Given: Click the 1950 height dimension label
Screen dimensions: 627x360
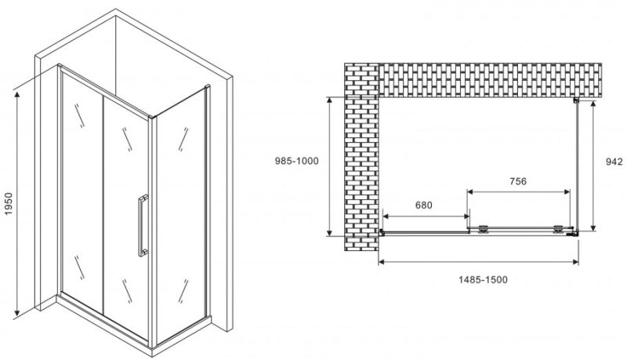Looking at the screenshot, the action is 9,204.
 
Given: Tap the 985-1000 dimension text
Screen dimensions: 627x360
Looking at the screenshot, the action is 297,161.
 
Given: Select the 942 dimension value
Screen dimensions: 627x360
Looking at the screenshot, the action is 614,162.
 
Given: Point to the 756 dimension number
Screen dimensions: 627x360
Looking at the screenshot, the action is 518,181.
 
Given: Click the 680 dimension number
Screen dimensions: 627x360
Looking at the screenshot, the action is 423,205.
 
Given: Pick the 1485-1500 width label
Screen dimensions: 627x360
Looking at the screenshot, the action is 483,279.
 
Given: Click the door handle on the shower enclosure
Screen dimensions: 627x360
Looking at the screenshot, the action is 143,225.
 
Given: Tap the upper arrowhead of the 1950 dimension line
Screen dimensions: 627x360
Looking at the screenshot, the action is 17,94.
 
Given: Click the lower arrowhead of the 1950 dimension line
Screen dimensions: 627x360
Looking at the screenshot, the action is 17,312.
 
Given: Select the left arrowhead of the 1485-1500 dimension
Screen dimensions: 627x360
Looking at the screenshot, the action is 381,262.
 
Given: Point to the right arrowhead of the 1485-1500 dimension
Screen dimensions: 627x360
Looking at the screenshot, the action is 576,262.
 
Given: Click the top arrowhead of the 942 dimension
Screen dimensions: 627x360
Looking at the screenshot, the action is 593,104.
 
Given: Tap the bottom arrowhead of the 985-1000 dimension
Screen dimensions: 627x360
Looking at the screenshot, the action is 329,232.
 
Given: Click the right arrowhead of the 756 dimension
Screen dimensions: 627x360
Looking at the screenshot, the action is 567,192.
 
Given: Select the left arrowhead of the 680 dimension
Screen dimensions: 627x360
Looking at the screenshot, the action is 386,216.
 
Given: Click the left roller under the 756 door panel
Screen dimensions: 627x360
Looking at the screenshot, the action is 483,229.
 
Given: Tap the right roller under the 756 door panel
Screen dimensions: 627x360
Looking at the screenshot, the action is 558,229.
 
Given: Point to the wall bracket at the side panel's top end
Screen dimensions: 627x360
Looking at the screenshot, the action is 576,100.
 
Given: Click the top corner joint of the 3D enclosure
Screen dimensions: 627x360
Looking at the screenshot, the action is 150,117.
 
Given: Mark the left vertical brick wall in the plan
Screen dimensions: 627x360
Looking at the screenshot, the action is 361,157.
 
